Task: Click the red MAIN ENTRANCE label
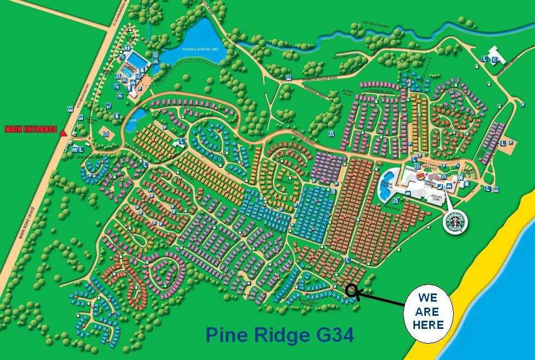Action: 31,129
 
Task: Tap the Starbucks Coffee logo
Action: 455,221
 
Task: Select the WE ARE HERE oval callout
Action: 428,312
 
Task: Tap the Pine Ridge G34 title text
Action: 280,334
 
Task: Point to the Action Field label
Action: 333,92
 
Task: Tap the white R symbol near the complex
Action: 467,184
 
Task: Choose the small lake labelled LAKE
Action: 135,119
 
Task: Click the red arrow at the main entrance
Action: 63,133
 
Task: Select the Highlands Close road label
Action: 350,55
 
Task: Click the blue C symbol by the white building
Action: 495,59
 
